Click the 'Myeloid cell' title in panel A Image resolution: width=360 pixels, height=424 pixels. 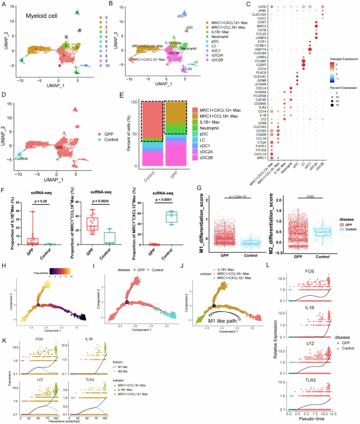pos(43,17)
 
